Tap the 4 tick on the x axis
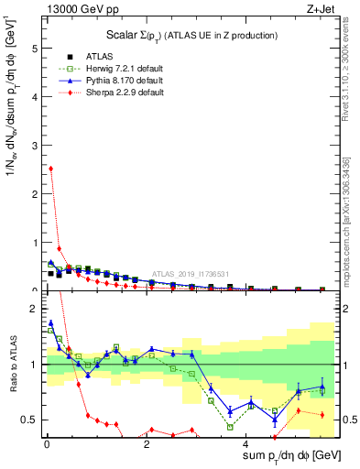click(245, 445)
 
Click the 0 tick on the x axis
click(46, 445)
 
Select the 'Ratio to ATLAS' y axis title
click(12, 365)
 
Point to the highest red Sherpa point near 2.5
click(51, 169)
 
